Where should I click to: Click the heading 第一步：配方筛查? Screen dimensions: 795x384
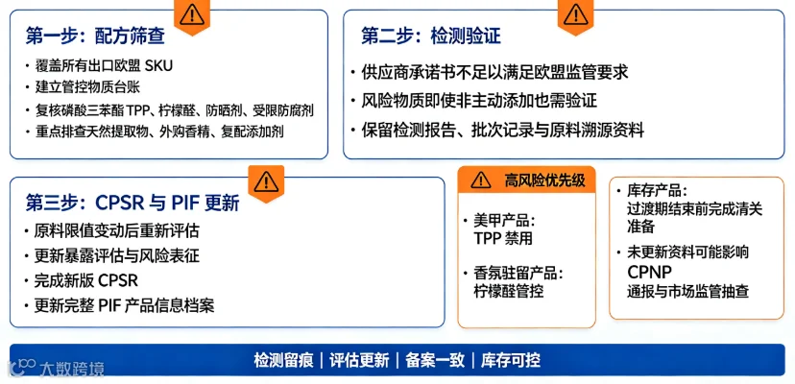point(95,36)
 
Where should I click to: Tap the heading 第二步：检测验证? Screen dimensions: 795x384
point(431,36)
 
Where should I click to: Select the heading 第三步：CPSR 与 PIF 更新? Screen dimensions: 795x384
point(132,204)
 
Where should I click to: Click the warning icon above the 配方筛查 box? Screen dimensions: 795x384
point(192,15)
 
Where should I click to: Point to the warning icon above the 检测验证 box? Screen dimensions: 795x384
point(575,15)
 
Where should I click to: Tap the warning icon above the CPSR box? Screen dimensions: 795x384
point(266,182)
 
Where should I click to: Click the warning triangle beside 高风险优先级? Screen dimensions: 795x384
point(480,180)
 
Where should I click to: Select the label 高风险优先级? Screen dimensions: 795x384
point(544,180)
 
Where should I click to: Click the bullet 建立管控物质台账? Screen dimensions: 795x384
point(86,86)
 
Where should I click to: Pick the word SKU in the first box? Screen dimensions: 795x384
point(158,65)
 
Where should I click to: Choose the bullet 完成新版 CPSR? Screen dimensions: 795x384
point(86,280)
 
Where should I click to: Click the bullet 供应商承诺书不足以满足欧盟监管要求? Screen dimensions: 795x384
point(494,72)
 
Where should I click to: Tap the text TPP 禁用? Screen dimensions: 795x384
point(503,238)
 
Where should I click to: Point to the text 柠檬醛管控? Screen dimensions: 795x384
point(509,292)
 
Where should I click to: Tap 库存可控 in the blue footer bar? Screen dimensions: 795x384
point(511,360)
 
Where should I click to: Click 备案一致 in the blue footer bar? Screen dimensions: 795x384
point(435,360)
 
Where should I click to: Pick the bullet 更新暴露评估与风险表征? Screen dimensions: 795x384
point(116,255)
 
